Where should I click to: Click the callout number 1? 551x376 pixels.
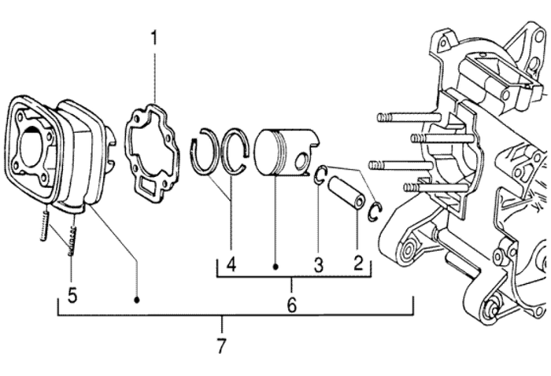[x=154, y=37]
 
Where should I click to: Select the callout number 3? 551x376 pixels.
[x=319, y=264]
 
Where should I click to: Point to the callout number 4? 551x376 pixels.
[x=231, y=264]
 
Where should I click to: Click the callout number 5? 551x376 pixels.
[x=72, y=297]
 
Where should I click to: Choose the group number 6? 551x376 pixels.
[x=292, y=304]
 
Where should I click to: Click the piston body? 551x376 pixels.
[x=281, y=153]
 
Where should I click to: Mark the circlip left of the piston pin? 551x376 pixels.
[x=320, y=175]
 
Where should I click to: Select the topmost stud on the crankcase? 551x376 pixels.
[x=401, y=118]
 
